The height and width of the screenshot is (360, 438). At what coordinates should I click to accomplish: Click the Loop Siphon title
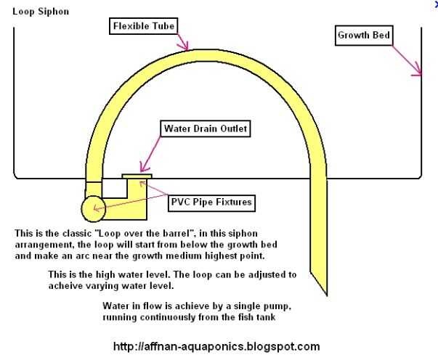(x=41, y=12)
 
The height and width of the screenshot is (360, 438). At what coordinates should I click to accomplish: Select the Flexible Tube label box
(x=145, y=27)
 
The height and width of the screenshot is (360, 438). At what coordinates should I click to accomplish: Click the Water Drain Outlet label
(x=206, y=129)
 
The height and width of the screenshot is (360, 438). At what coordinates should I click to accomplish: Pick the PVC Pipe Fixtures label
(x=211, y=202)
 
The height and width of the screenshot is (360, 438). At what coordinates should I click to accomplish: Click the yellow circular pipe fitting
(x=94, y=208)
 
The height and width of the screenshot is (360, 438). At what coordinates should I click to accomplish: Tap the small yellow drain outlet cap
(x=137, y=176)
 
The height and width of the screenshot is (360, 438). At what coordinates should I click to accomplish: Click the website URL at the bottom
(x=216, y=346)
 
